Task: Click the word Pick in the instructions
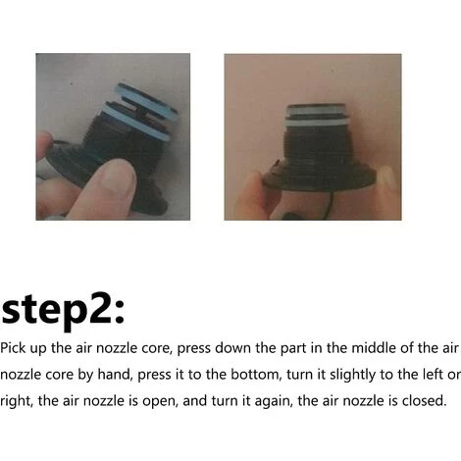[x=13, y=348]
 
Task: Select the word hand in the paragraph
[x=116, y=375]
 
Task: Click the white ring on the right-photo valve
[x=318, y=123]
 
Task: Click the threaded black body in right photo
[x=316, y=150]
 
